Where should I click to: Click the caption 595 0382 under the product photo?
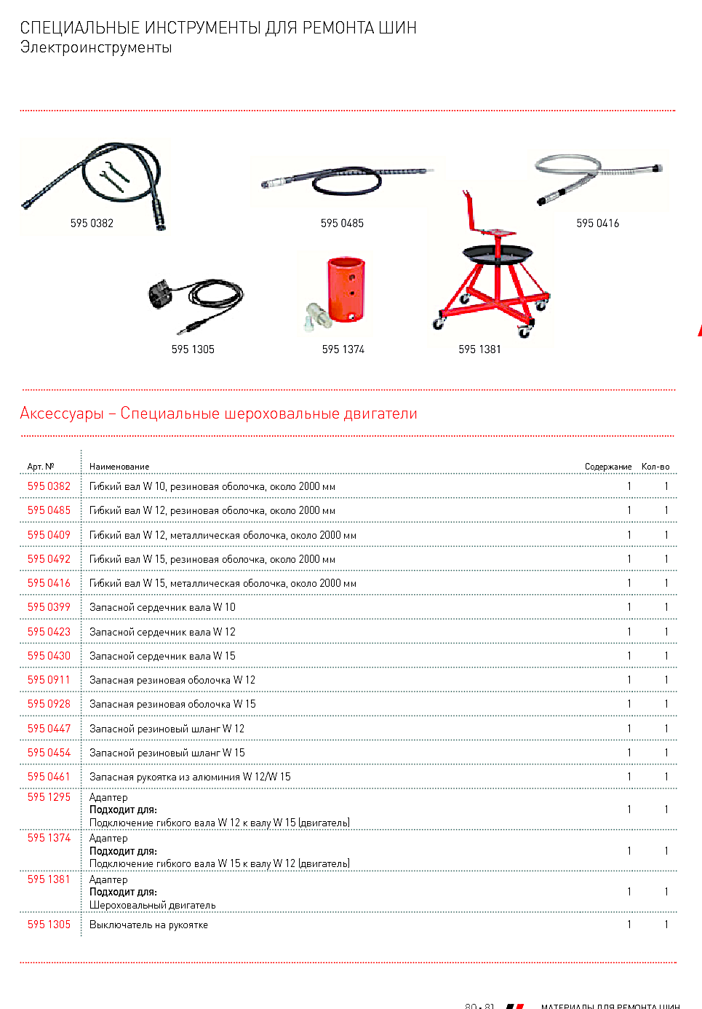point(92,223)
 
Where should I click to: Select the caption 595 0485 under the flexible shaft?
point(342,223)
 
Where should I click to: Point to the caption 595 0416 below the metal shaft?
point(597,223)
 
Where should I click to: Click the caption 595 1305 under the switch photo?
point(193,349)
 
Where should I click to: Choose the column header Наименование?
point(119,467)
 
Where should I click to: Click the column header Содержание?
point(607,467)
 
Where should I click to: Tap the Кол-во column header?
point(655,467)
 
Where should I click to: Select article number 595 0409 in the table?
point(49,535)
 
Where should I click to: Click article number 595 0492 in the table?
point(49,559)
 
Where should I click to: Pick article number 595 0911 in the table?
point(49,680)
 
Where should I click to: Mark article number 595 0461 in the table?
point(49,777)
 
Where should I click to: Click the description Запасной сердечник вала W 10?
point(162,607)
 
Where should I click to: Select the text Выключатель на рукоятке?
point(148,925)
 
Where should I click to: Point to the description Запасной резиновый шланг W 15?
point(167,753)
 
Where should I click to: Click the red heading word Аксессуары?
point(62,414)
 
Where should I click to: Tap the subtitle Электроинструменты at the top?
point(96,47)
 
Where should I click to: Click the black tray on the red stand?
point(498,254)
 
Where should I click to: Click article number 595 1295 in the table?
point(49,797)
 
